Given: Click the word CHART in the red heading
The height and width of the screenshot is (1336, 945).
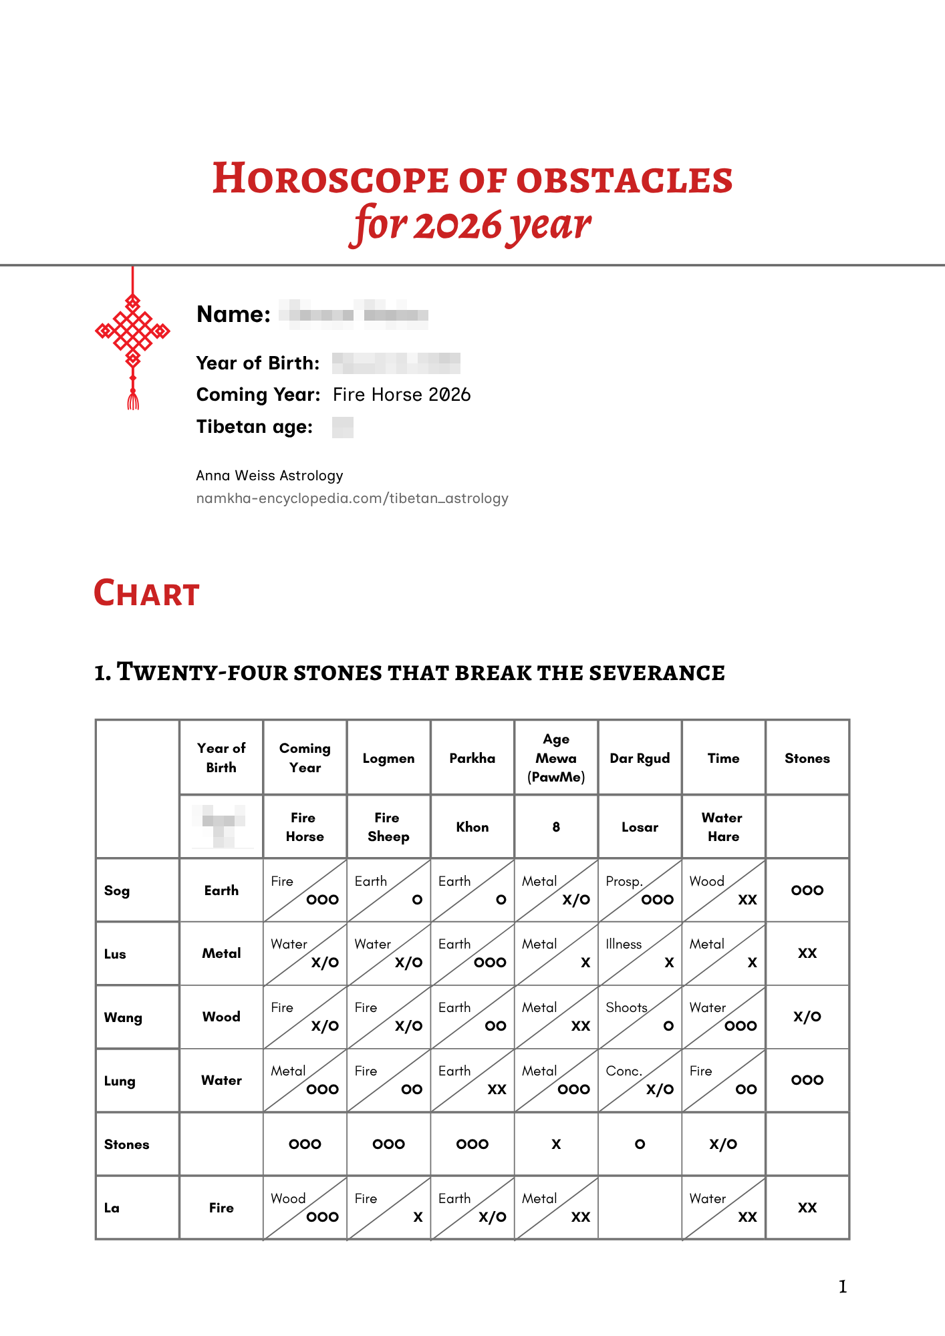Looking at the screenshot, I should [146, 593].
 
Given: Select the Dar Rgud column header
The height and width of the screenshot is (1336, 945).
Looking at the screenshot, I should [640, 758].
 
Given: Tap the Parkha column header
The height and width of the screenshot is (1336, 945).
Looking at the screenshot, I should [472, 758].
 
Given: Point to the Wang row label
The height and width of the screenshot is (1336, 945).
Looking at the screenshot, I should [123, 1017].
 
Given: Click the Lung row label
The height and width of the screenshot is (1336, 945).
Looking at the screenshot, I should [120, 1081].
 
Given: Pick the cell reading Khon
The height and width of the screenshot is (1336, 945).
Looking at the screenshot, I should [472, 827].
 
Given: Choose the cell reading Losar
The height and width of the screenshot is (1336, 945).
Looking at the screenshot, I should [640, 827].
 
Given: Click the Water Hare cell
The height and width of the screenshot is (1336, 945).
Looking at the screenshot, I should [723, 827].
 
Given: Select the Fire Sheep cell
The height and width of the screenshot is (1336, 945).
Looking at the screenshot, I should [388, 827].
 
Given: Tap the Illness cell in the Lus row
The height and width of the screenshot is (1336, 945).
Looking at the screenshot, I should [640, 953].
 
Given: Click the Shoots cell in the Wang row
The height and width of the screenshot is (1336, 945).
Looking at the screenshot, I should [640, 1017].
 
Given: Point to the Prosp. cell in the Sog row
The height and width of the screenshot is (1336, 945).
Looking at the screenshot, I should [640, 890].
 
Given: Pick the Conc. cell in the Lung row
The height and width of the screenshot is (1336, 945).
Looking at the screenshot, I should [640, 1080].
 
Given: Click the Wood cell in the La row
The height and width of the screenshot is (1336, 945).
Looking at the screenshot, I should [305, 1208].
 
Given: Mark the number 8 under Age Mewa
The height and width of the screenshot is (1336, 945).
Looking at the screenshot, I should [556, 827].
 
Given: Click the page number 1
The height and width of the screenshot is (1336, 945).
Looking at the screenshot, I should [843, 1287].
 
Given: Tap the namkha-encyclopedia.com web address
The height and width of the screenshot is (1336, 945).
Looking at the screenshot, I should [352, 498].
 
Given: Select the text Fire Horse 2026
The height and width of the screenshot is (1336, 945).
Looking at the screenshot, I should [402, 395].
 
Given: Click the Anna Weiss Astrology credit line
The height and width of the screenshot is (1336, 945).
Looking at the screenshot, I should [269, 476].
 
